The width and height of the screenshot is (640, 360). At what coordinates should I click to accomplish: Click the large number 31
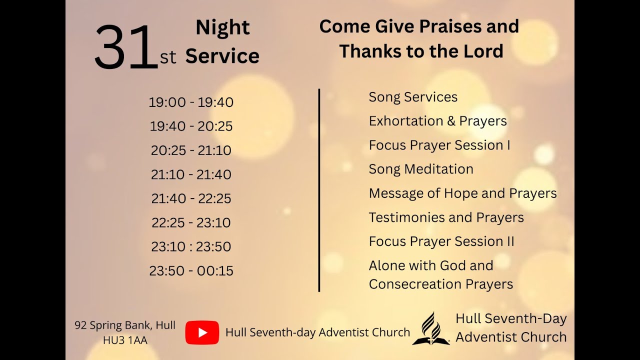click(x=126, y=47)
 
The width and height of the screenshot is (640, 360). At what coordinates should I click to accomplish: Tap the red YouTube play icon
click(x=202, y=332)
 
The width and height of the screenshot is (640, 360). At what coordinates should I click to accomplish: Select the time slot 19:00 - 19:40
click(x=191, y=102)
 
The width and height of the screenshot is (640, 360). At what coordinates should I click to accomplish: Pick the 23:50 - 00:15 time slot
click(x=191, y=271)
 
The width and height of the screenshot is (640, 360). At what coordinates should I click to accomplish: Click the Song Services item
click(x=413, y=97)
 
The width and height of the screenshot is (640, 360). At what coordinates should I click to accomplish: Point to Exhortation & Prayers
click(x=437, y=121)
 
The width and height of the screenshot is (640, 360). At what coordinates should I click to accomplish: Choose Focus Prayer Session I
click(x=439, y=145)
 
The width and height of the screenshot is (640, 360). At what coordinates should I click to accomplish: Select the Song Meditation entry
click(x=421, y=169)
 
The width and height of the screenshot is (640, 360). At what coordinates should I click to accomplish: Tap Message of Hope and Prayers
click(x=462, y=193)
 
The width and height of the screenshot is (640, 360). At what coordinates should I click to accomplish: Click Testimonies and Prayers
click(x=446, y=217)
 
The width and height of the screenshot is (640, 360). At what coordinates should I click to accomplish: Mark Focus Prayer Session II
click(x=441, y=241)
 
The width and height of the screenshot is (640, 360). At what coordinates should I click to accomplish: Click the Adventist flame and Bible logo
click(x=430, y=328)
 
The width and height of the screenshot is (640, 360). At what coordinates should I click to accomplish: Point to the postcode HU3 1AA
click(x=125, y=340)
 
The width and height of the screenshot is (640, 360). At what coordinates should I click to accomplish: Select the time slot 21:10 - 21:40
click(x=191, y=174)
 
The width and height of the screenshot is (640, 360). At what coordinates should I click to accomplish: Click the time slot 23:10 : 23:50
click(x=191, y=247)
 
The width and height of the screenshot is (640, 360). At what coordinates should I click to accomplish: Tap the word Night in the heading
click(x=222, y=28)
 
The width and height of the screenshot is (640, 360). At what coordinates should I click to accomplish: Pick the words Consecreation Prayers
click(x=440, y=284)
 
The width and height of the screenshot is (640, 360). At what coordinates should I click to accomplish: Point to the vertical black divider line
click(x=319, y=190)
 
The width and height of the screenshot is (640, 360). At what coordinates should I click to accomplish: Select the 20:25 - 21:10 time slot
click(x=191, y=150)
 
